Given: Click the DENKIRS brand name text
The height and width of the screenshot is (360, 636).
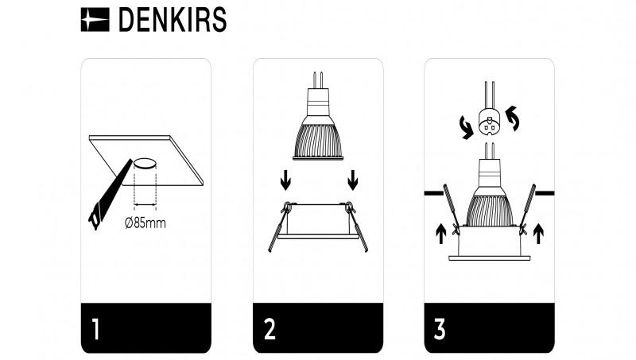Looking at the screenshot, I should (172, 21).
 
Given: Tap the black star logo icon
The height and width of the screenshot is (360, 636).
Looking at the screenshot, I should (96, 21).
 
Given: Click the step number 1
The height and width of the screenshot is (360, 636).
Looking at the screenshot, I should (95, 329).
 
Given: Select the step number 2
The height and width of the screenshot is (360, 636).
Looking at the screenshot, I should (270, 329).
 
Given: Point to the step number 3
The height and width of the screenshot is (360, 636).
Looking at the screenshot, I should (440, 329).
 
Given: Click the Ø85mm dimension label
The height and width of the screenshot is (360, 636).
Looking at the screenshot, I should (145, 223).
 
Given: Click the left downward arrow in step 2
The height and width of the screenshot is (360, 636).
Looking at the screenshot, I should (285, 182).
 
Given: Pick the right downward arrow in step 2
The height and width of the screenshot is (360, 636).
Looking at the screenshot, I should (352, 182).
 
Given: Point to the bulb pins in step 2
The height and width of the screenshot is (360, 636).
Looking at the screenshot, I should (318, 79).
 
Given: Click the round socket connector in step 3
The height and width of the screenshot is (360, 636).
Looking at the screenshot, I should (487, 122).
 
